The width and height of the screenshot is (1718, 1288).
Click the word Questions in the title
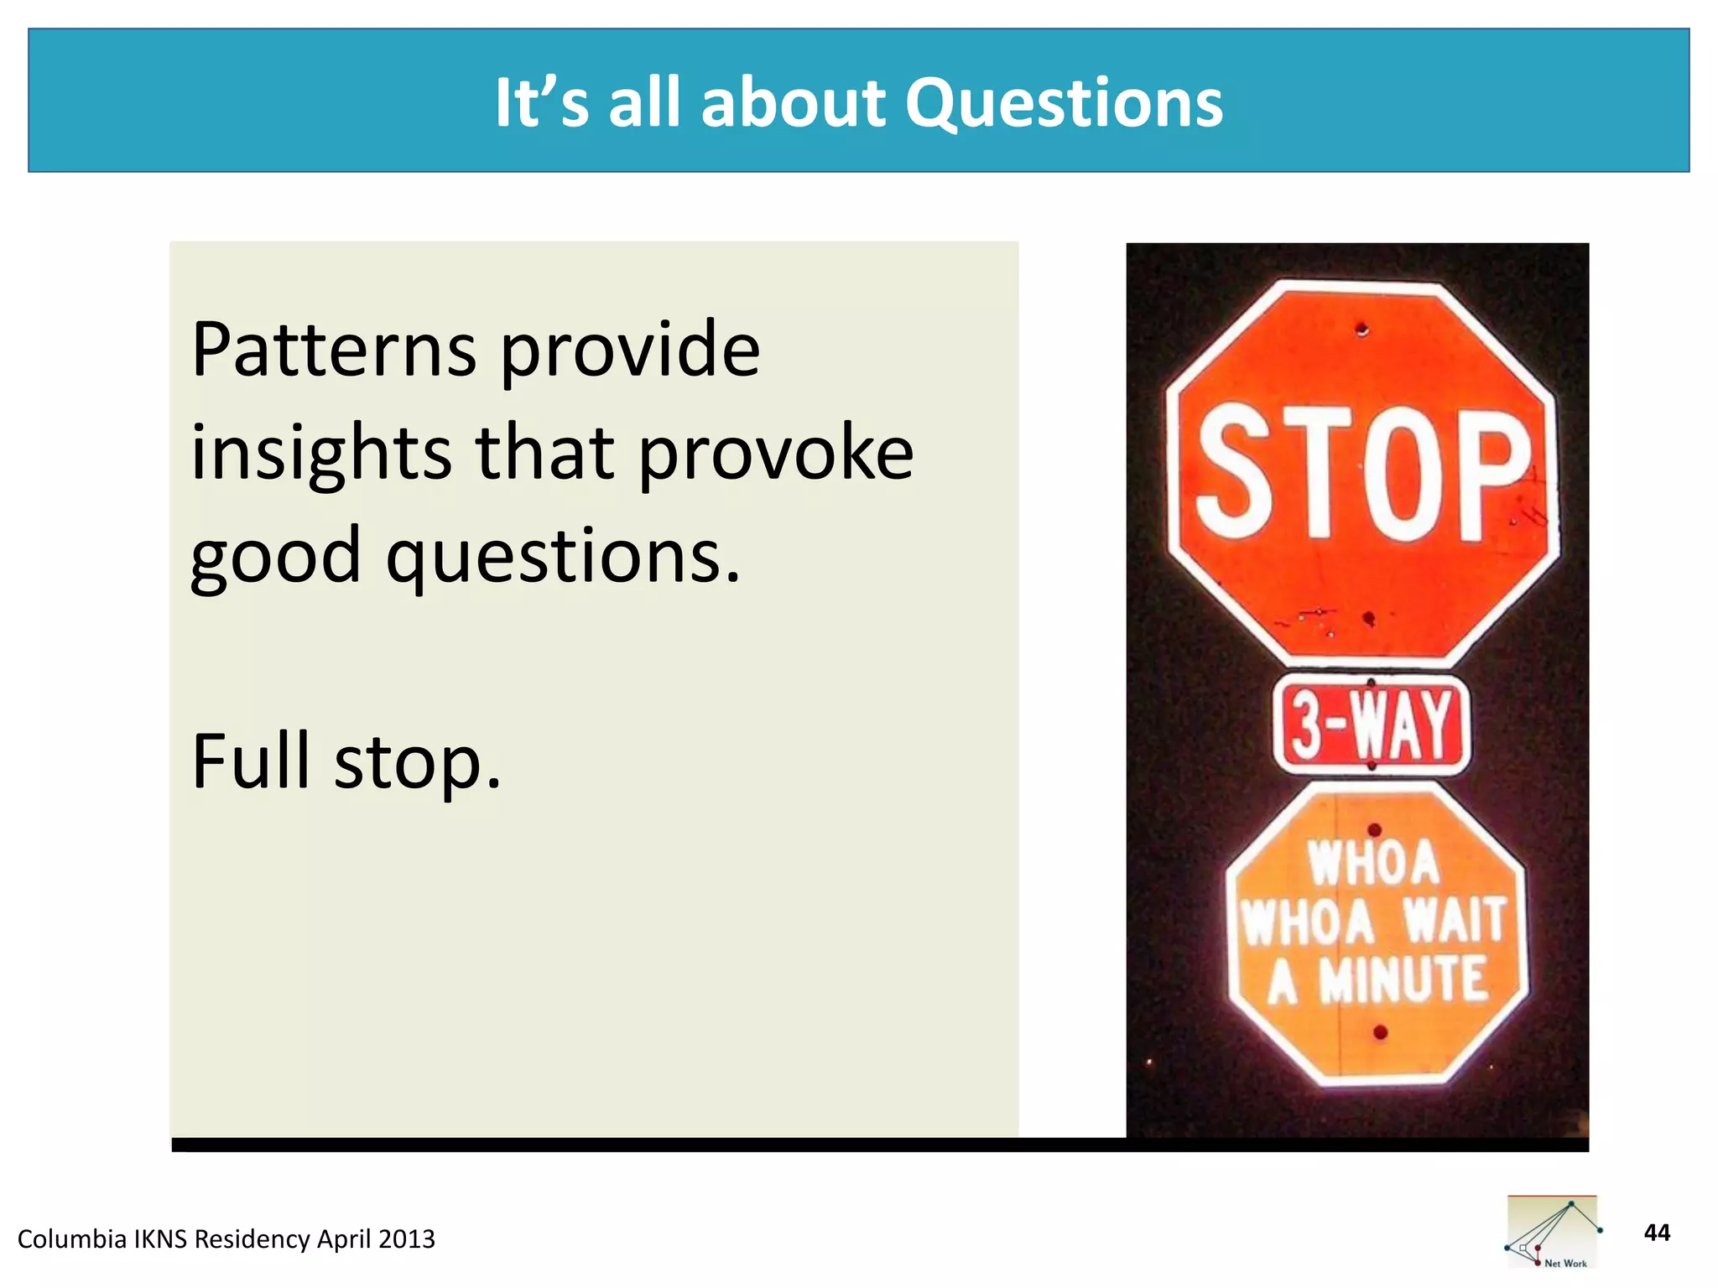coord(1064,103)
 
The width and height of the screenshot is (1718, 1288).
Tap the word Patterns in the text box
coord(334,350)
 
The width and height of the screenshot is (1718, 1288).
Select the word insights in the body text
coord(321,454)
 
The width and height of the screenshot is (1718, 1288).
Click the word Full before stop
coord(251,761)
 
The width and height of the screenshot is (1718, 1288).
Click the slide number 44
coord(1656,1233)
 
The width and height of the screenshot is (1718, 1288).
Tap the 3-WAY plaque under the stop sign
coord(1372,724)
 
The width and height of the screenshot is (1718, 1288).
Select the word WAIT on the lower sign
coord(1455,921)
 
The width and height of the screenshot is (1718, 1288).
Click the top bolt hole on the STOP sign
coord(1361,329)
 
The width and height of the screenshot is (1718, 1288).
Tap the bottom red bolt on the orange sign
coord(1380,1032)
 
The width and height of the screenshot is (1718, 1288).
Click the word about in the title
coord(792,103)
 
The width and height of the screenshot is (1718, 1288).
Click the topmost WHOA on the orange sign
coord(1372,864)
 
